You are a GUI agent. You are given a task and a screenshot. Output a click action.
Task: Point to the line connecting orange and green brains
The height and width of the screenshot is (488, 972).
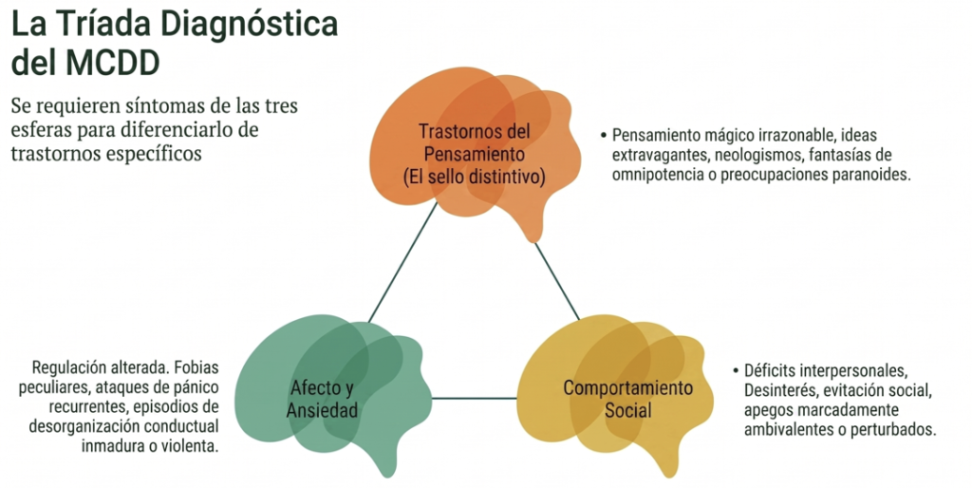pos(402,263)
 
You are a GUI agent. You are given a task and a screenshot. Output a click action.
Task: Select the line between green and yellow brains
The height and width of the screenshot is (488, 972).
pos(475,398)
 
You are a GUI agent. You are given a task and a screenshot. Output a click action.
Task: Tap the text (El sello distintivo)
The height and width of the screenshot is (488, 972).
pos(475,178)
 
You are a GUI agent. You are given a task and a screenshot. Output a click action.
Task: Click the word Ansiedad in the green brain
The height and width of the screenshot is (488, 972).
pos(322,410)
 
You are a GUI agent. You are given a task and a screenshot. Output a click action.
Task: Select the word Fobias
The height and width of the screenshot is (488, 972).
pos(196,367)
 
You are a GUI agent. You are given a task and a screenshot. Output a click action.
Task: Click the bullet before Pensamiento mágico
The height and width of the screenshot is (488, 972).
pos(603,135)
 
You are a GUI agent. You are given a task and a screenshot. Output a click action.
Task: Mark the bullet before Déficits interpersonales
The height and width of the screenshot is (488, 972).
pos(736,371)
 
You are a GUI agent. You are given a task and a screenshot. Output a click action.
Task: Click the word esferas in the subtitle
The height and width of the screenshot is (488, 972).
pos(40,130)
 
